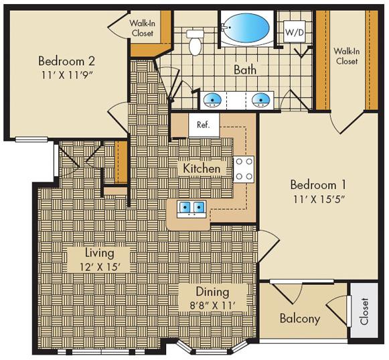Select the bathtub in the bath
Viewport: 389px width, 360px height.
(246, 28)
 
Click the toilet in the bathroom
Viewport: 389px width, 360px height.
(195, 42)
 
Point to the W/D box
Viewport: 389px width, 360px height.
(293, 32)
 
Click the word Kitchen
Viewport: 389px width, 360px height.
(202, 168)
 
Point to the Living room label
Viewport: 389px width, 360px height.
(99, 253)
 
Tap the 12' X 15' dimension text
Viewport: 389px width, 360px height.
(99, 267)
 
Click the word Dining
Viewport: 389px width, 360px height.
(212, 292)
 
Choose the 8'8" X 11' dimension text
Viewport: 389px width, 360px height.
(212, 306)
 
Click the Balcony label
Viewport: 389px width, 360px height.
(299, 318)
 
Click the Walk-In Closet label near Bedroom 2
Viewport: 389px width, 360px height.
(141, 27)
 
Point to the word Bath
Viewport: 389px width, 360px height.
(246, 69)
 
